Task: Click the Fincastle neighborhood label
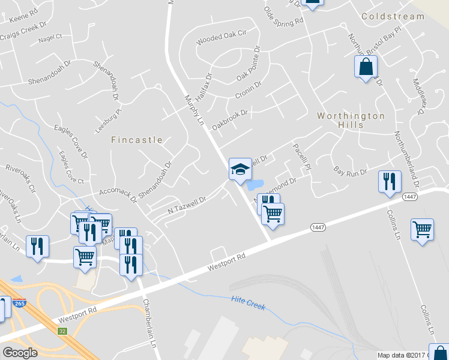pyautogui.click(x=137, y=140)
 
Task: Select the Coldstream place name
pyautogui.click(x=393, y=16)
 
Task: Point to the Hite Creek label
pyautogui.click(x=248, y=302)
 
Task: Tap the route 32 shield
pyautogui.click(x=62, y=331)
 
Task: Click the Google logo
pyautogui.click(x=20, y=353)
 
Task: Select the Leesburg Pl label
pyautogui.click(x=108, y=121)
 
